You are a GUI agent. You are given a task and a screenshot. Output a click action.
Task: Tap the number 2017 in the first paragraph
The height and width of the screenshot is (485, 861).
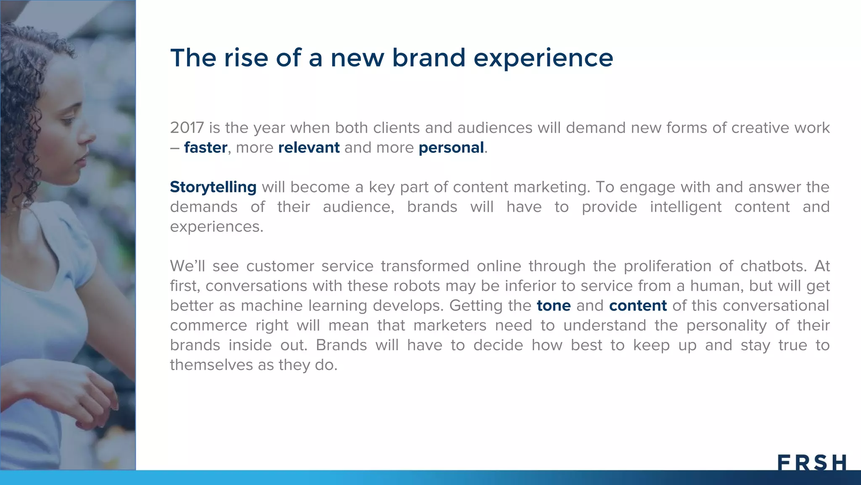tap(187, 128)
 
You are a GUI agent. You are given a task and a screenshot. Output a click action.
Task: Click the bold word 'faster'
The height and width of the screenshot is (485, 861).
tap(206, 148)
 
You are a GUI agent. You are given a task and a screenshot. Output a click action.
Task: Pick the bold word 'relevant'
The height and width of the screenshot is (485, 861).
tap(309, 148)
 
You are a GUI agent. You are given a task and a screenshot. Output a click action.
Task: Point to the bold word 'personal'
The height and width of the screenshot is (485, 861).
tap(451, 148)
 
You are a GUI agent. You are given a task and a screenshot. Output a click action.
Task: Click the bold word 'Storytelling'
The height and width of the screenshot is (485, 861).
tap(213, 187)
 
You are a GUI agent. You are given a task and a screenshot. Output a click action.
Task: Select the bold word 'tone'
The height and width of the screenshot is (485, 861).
tap(554, 306)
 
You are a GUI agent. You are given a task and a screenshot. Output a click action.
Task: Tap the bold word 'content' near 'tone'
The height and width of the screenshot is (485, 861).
tap(638, 306)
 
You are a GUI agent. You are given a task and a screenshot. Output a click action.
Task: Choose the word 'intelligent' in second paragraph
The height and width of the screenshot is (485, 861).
tap(685, 207)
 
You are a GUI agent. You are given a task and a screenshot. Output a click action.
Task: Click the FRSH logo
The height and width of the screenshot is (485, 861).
tap(811, 462)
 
